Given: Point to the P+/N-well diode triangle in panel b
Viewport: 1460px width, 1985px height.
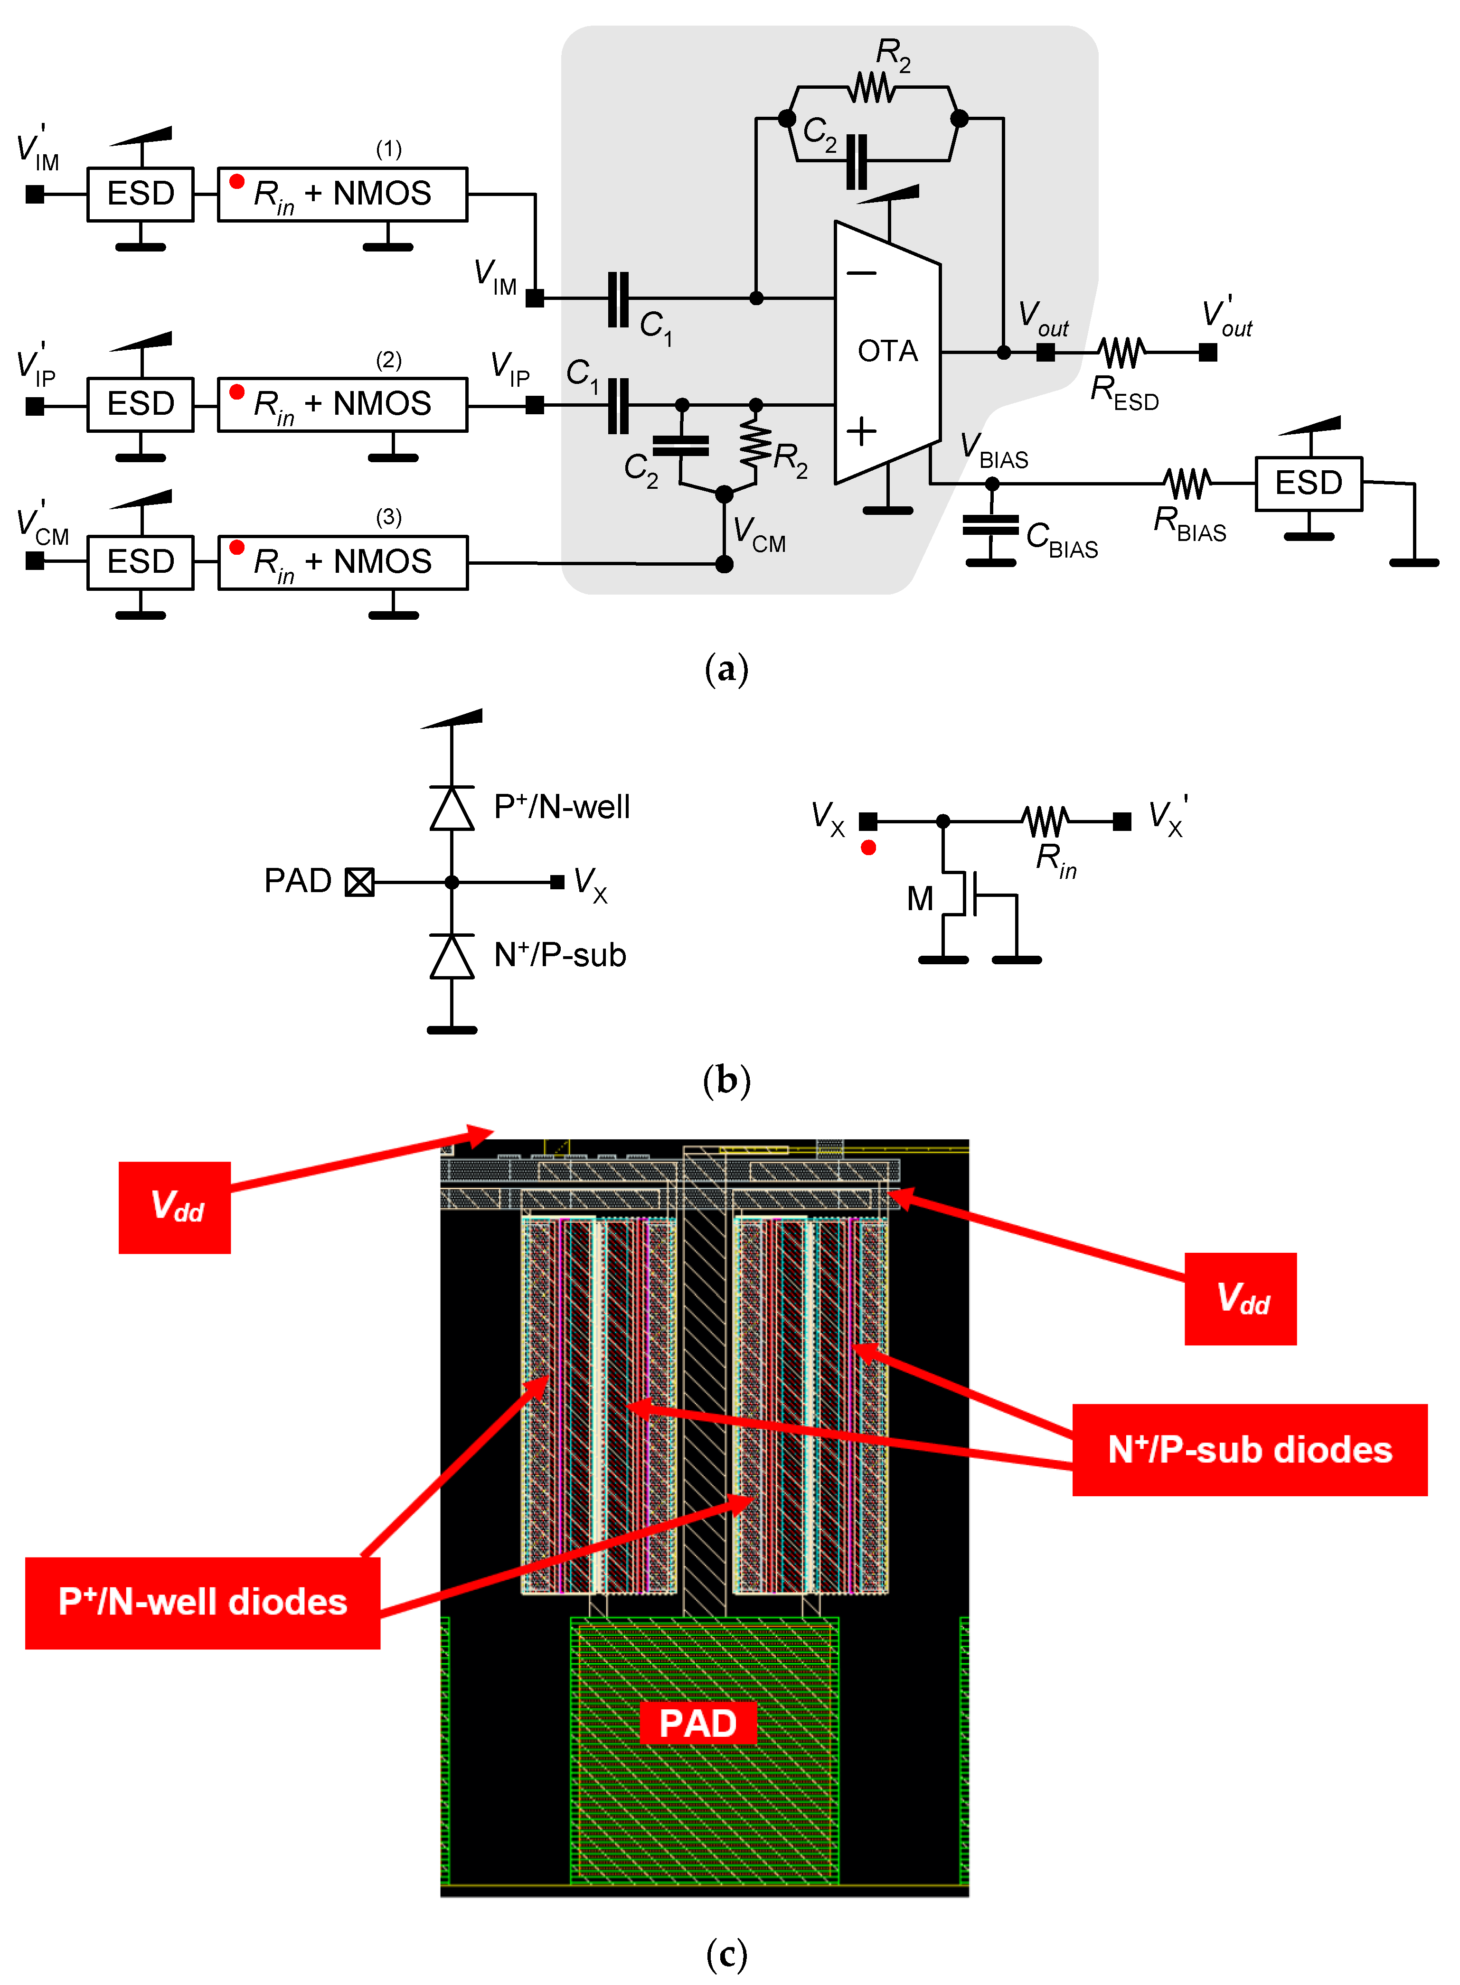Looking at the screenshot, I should pos(452,808).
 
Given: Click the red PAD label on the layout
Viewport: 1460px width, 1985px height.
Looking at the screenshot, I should pos(697,1723).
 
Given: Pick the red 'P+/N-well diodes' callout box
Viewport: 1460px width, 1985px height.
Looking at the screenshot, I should pos(202,1602).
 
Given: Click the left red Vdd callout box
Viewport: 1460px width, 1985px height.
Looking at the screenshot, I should pos(175,1207).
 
